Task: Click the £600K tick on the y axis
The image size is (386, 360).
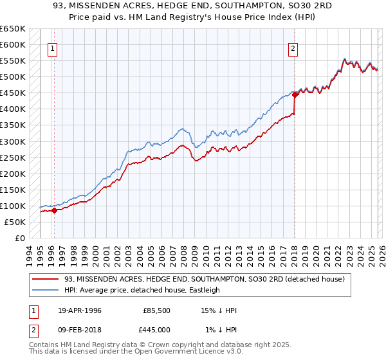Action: pos(13,44)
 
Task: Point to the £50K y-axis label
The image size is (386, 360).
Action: pos(15,222)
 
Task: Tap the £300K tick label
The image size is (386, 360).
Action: pos(13,141)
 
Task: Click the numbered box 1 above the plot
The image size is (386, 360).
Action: pos(52,48)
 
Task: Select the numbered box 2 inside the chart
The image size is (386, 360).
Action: pos(293,48)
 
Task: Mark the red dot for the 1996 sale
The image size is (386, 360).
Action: pos(55,210)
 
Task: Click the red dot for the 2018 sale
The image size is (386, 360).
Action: pos(295,94)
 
